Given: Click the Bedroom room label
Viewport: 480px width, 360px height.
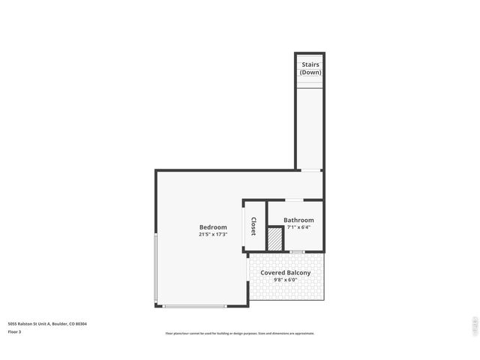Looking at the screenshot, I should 213,227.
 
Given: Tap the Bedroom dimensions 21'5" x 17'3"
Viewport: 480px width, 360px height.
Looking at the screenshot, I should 213,235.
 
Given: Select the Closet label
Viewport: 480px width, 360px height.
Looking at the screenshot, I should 253,226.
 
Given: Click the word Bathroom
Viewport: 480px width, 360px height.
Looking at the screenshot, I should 298,220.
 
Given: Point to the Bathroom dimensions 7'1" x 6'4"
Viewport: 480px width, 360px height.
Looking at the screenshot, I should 298,227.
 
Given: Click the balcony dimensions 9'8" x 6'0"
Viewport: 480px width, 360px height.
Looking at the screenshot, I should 285,280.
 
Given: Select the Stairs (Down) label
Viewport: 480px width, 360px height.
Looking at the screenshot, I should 310,68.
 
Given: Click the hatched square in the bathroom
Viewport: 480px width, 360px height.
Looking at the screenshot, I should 275,239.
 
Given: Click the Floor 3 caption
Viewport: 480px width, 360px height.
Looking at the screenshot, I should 14,331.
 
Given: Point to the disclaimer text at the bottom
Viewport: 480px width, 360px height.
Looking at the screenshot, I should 240,334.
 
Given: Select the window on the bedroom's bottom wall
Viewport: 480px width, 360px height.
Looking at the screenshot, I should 194,305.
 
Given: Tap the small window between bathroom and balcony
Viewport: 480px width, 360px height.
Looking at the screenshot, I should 298,251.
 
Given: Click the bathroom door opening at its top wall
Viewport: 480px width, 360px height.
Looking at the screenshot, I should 293,200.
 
